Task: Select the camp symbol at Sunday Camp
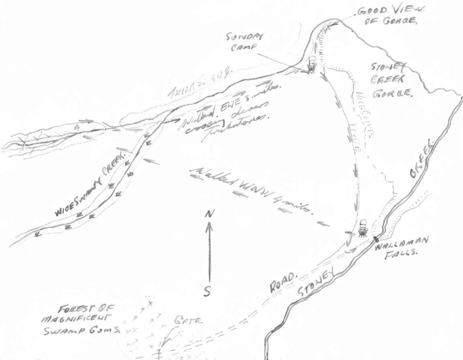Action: click(312, 65)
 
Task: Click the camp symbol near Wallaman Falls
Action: click(363, 229)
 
